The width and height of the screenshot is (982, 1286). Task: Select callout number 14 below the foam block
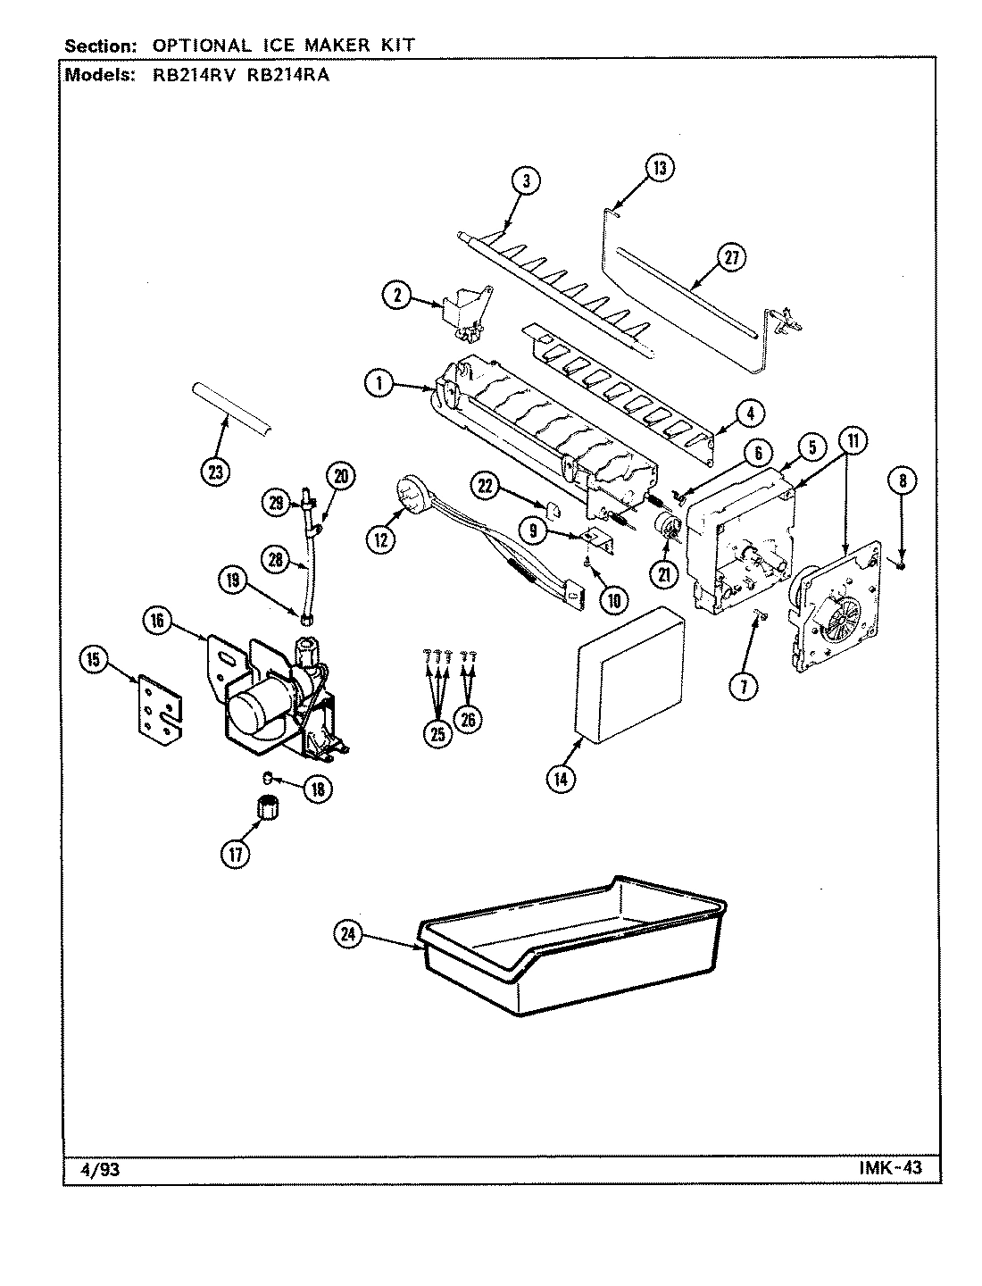(x=561, y=778)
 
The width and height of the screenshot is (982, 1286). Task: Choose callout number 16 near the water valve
(x=158, y=622)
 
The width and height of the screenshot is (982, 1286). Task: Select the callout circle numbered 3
(x=526, y=180)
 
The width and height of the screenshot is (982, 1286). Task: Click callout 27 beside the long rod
(x=731, y=259)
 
